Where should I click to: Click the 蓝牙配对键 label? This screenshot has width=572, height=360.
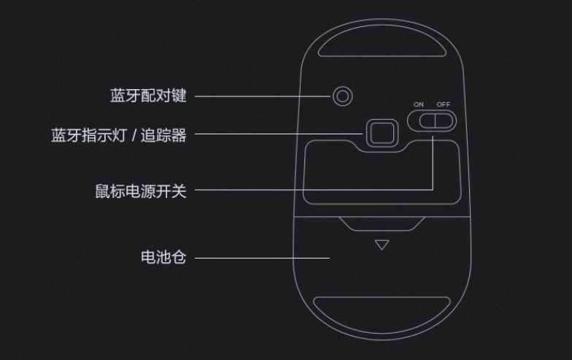[x=148, y=96]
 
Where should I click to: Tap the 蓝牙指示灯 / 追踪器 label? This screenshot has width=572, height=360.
[x=119, y=135]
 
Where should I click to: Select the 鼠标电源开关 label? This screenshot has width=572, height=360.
[x=141, y=191]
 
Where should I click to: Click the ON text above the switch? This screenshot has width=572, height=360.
[x=418, y=104]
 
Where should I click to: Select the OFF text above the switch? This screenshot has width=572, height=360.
[x=444, y=104]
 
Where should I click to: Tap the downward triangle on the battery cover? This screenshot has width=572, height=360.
[x=382, y=245]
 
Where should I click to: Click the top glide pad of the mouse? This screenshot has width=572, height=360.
[x=382, y=45]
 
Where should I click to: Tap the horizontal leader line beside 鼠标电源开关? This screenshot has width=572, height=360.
[x=306, y=191]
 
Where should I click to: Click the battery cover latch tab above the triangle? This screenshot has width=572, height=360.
[x=382, y=223]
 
